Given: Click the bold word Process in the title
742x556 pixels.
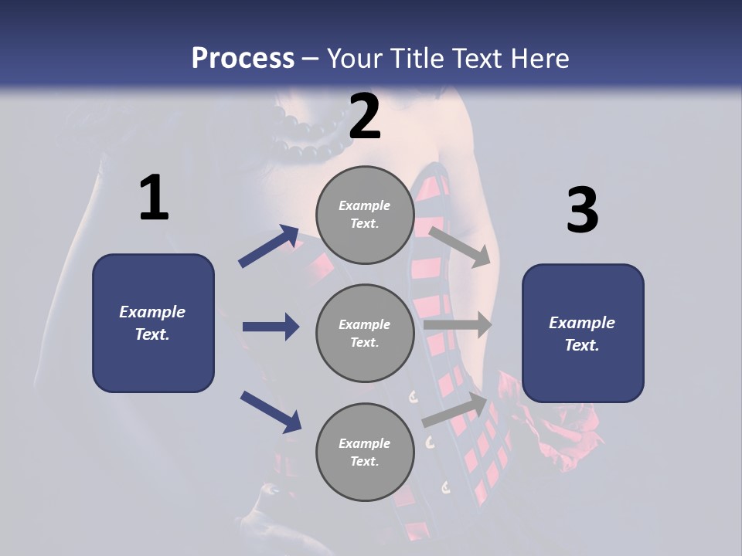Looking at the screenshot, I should [243, 58].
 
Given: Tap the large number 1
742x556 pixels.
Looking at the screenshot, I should [154, 198].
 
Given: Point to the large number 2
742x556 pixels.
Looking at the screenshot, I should [365, 117].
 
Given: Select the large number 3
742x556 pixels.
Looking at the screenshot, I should [582, 210].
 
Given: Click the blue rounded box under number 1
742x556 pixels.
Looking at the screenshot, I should [153, 323].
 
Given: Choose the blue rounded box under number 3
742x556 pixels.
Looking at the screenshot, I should [583, 334].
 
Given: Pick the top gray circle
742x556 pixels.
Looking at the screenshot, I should [365, 215].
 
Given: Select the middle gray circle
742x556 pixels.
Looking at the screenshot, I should [365, 334].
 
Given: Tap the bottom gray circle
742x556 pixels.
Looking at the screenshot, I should [365, 453].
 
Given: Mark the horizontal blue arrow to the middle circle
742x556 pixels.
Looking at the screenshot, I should [271, 327].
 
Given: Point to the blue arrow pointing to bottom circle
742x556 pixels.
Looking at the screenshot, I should [271, 412].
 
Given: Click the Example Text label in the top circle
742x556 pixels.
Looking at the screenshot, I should [365, 215].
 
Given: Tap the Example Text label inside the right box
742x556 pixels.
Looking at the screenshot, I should [582, 334].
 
